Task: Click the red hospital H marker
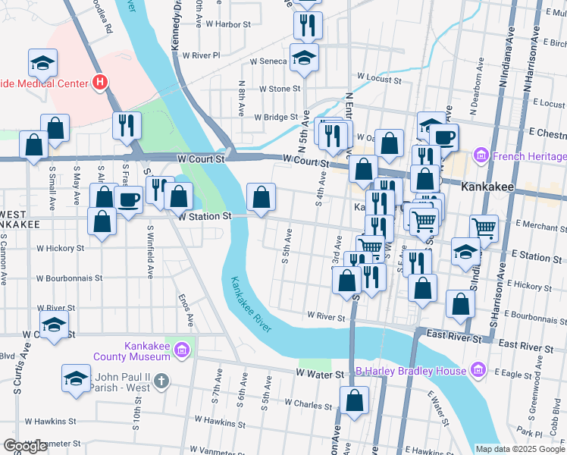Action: tap(99, 82)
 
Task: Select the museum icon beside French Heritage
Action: tap(480, 157)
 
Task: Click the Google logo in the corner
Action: tap(25, 447)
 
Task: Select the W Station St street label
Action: tap(203, 216)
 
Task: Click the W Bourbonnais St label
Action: tap(74, 278)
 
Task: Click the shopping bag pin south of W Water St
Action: tap(354, 400)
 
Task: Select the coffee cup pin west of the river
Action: tap(129, 201)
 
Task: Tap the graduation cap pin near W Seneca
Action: tap(304, 58)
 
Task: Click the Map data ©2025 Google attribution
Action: tap(518, 449)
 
